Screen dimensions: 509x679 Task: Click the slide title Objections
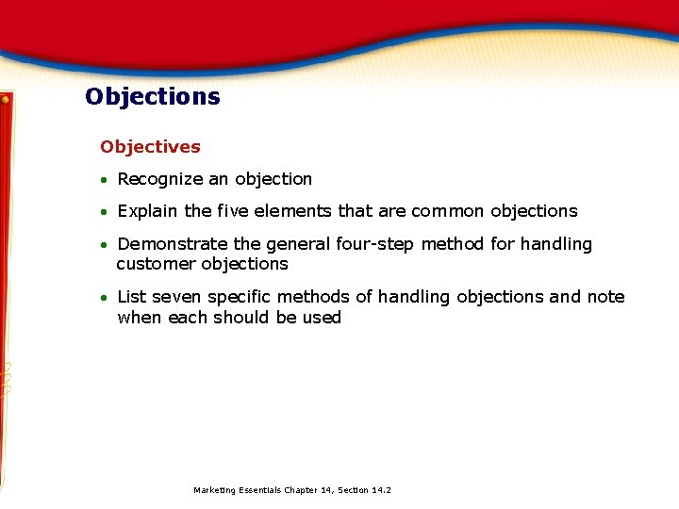click(x=152, y=97)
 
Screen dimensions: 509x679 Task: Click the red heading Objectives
click(x=150, y=147)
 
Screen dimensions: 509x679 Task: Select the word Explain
click(x=146, y=211)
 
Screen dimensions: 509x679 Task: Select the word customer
click(x=156, y=264)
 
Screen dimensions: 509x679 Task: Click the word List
click(x=132, y=297)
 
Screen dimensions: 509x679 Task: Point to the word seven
click(x=176, y=297)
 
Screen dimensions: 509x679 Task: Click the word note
click(x=605, y=297)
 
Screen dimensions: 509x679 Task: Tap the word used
click(x=322, y=318)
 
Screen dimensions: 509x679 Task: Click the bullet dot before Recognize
click(x=107, y=180)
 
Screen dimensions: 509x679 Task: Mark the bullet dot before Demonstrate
click(x=107, y=245)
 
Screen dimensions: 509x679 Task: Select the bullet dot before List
click(x=107, y=298)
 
